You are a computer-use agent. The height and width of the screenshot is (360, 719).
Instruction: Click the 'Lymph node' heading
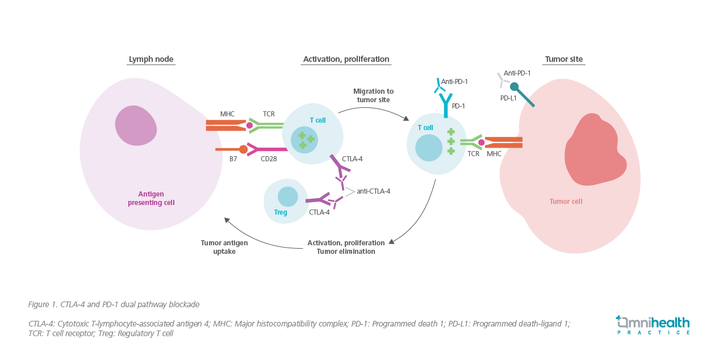[151, 59]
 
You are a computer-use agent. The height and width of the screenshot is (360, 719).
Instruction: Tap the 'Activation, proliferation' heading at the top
[346, 59]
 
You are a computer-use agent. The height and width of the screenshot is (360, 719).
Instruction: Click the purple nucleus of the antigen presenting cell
[136, 125]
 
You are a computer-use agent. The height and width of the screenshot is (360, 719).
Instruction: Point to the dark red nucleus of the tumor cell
[593, 150]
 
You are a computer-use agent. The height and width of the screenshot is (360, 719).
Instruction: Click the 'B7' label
[233, 160]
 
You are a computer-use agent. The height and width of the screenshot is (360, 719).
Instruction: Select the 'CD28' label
[269, 160]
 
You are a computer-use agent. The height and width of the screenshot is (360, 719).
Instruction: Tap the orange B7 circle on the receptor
[243, 149]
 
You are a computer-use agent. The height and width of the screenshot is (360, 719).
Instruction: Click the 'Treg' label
[281, 212]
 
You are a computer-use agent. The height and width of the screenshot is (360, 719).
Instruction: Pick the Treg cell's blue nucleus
[287, 196]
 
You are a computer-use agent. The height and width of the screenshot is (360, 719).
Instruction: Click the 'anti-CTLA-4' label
[373, 191]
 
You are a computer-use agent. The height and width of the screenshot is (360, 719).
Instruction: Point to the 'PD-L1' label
[508, 98]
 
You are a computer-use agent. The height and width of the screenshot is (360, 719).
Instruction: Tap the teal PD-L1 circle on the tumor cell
[514, 87]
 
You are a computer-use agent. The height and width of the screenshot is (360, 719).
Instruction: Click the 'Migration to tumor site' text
[373, 95]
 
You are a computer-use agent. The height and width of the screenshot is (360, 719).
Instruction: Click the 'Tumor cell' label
[566, 201]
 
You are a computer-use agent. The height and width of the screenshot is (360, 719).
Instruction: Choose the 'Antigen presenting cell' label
[151, 198]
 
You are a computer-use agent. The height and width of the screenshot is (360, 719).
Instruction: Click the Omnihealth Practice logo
[653, 324]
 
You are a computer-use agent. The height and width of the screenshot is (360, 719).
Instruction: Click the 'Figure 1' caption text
[114, 304]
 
